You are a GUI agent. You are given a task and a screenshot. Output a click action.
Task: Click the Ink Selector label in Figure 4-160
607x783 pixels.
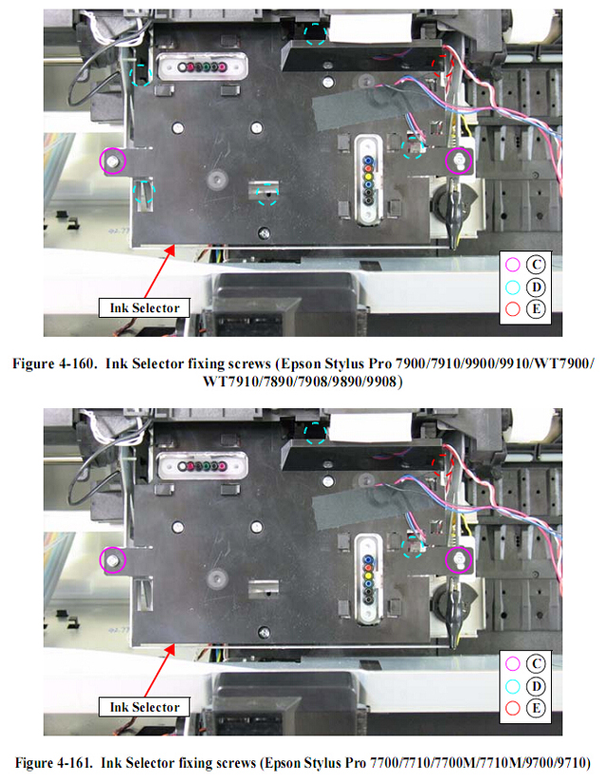coord(144,308)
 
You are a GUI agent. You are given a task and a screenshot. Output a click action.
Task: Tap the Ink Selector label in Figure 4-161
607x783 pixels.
coord(144,707)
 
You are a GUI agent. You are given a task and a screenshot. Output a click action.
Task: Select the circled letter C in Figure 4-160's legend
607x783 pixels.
coord(536,264)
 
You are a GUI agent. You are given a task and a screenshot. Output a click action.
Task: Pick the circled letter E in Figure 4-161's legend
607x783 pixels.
coord(536,708)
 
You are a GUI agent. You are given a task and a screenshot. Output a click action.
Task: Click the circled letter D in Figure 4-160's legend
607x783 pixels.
coord(536,287)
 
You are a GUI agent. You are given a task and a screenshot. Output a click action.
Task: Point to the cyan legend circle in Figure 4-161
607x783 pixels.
coord(513,686)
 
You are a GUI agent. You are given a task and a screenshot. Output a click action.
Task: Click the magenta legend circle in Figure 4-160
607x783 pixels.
coord(513,264)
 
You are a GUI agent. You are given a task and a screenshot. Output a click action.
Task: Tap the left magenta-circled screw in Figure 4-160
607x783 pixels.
coord(112,160)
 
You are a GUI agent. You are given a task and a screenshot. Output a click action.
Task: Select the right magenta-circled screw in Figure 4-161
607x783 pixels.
coord(458,559)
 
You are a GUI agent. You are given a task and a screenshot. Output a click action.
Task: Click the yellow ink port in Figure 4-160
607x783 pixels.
coord(368,177)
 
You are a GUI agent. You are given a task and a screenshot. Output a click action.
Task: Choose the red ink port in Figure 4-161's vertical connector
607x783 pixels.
coord(368,568)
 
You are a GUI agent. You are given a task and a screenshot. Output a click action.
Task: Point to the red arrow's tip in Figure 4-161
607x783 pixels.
coord(175,644)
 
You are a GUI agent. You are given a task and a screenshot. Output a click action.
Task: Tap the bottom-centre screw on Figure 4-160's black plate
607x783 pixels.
coord(264,233)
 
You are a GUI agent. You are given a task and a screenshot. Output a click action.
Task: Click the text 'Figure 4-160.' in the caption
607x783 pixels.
coord(53,364)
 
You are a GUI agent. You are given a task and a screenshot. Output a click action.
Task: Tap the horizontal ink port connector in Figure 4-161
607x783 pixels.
coord(203,466)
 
